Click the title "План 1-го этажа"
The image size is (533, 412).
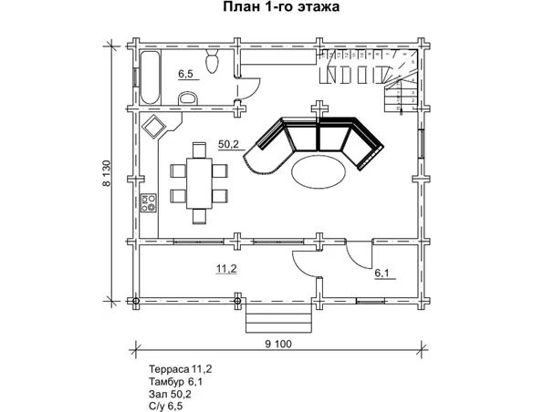281,6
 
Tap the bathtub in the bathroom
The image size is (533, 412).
150,77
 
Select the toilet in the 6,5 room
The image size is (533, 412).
213,61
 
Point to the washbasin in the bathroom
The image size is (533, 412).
188,98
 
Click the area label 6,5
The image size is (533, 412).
185,74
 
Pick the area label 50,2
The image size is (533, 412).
228,144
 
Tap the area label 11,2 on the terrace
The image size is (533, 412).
226,269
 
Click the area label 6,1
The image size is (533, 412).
383,273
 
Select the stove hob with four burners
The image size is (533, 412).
149,203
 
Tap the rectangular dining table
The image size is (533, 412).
199,183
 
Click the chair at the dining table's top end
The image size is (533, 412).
199,150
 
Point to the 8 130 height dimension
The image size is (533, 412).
107,173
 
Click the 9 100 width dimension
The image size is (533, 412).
278,345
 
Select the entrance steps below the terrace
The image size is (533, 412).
278,318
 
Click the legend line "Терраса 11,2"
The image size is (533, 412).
181,369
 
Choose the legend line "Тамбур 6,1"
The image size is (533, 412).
176,382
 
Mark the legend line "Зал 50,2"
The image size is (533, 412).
170,394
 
